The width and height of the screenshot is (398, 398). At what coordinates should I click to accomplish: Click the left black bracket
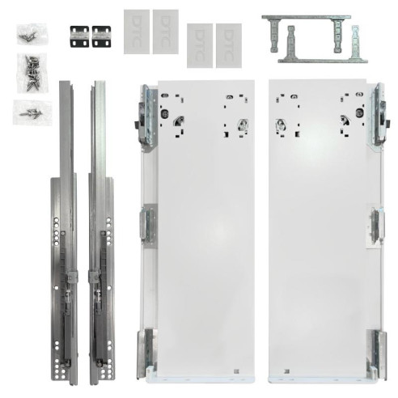pyautogui.click(x=79, y=34)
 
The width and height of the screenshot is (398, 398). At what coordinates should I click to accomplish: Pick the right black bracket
pyautogui.click(x=100, y=34)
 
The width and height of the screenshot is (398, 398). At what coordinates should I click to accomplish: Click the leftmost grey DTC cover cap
pyautogui.click(x=137, y=31)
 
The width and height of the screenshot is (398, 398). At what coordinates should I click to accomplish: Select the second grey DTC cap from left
pyautogui.click(x=165, y=31)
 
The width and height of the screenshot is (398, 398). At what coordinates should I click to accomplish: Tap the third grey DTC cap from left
pyautogui.click(x=200, y=45)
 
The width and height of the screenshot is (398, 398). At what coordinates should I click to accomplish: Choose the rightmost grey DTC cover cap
pyautogui.click(x=228, y=45)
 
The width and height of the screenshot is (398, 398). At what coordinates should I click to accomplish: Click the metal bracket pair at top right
pyautogui.click(x=312, y=38)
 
